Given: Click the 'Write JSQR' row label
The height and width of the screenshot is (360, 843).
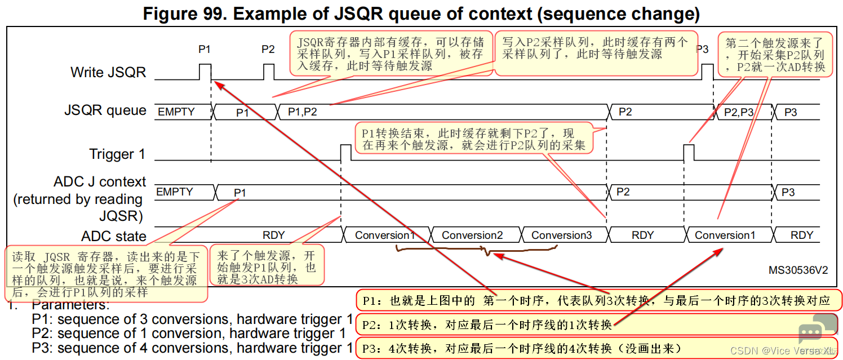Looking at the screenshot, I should click(108, 73).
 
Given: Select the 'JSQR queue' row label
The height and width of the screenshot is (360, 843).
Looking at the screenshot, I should click(105, 111).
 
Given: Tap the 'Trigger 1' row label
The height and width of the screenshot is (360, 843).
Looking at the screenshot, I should click(118, 154).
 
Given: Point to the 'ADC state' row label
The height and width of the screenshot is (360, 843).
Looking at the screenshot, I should click(114, 236).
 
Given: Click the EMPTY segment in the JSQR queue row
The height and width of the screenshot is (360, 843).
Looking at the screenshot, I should click(176, 112).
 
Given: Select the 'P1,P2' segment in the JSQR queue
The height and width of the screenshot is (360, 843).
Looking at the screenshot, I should click(303, 112).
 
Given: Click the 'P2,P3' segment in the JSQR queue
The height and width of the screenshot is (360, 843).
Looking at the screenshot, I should click(738, 112).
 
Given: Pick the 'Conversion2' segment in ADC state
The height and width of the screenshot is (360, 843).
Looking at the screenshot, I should click(472, 235).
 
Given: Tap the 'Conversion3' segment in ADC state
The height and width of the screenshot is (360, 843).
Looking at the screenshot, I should click(562, 235).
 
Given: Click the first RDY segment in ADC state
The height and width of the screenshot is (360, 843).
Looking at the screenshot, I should click(274, 235).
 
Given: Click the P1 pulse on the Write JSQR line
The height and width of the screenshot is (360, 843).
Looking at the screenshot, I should click(205, 72).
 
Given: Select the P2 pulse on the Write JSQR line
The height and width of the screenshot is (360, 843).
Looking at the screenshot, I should click(269, 72).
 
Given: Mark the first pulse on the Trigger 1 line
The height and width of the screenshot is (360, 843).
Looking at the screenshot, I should click(345, 152).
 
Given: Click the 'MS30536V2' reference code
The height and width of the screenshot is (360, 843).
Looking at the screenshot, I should click(798, 270).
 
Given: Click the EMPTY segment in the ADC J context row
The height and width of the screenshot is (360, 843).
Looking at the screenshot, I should click(175, 192).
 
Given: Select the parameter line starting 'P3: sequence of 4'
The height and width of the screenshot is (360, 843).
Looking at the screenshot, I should click(192, 348).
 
